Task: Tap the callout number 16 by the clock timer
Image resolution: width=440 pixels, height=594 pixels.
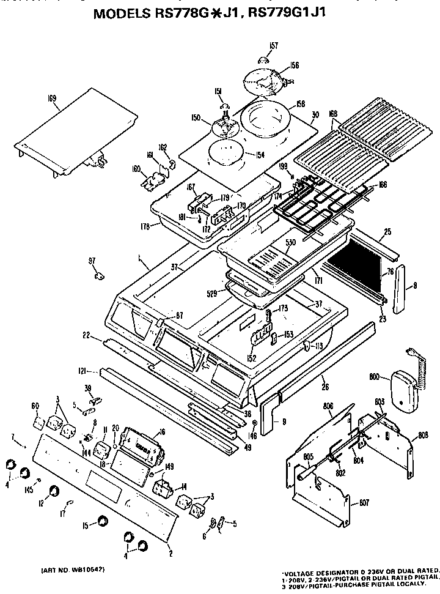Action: click(x=161, y=433)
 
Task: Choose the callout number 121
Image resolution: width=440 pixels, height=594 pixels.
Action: click(x=84, y=371)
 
